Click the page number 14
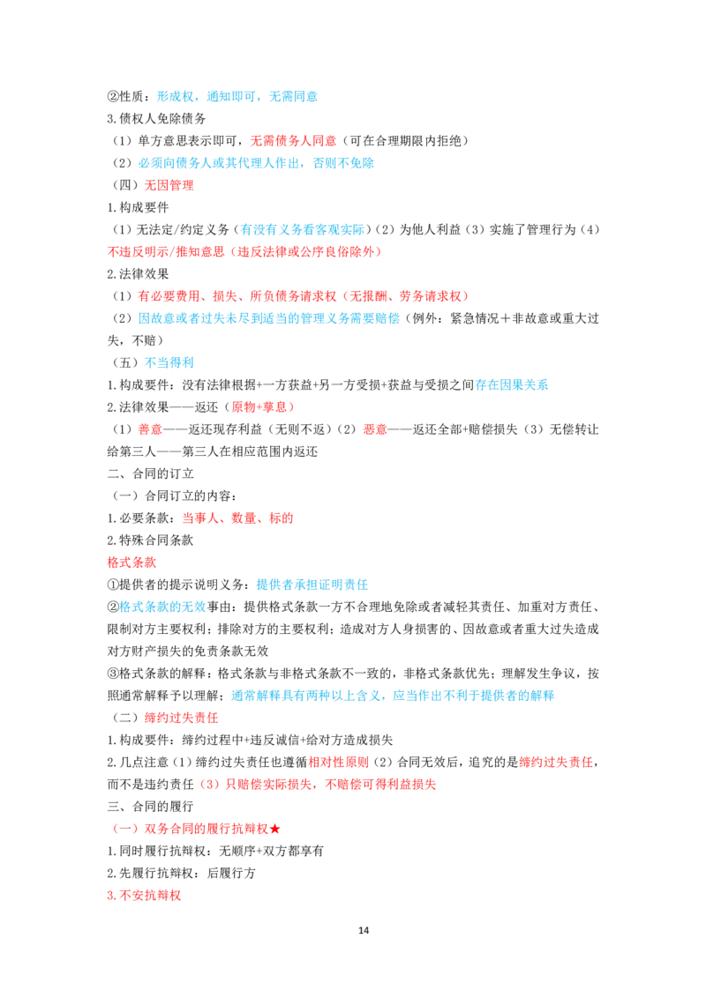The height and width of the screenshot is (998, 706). (364, 930)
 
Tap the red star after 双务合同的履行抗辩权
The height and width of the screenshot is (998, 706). (274, 829)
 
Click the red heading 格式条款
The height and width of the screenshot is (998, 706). (131, 562)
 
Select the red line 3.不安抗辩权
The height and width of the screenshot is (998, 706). (144, 896)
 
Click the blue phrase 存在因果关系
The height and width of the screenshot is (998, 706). (512, 385)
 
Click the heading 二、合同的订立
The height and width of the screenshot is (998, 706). (150, 474)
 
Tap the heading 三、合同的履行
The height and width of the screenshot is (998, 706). (150, 807)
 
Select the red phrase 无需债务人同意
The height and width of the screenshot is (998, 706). (293, 141)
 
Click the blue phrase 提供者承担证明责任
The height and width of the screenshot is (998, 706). (312, 585)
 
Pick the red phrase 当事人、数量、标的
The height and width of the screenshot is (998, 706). (237, 518)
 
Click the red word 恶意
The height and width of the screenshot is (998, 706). (375, 429)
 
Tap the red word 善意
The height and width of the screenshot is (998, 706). (150, 429)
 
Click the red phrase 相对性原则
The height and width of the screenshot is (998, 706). (338, 763)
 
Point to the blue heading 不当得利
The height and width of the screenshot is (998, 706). (169, 363)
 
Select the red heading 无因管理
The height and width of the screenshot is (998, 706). (169, 185)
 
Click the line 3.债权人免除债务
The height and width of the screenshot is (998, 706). (157, 119)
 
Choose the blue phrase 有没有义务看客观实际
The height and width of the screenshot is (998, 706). (303, 230)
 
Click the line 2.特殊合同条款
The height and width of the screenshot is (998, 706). (150, 540)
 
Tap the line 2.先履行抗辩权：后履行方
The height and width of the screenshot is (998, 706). (182, 873)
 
